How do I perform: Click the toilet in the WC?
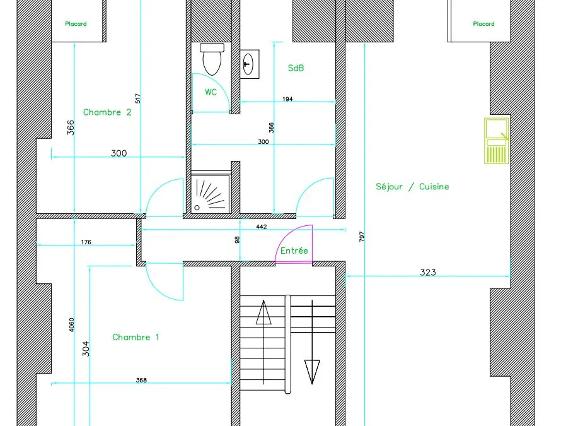click(212, 59)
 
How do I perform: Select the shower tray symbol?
click(211, 194)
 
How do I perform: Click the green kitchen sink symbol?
click(497, 141)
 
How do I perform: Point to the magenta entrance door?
click(293, 244)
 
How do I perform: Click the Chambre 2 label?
click(107, 112)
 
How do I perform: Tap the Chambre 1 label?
click(136, 337)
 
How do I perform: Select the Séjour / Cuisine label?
click(412, 187)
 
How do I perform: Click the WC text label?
click(211, 92)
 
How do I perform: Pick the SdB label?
click(296, 68)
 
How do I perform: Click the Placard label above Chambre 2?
click(76, 24)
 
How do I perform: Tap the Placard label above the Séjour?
click(483, 24)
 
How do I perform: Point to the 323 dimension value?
click(428, 272)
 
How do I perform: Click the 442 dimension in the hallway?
click(262, 227)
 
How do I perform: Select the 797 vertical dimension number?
click(361, 237)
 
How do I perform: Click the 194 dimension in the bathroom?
click(287, 99)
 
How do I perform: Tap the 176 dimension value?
click(86, 242)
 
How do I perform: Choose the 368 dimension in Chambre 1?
click(141, 380)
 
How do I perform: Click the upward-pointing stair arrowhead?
click(263, 312)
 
